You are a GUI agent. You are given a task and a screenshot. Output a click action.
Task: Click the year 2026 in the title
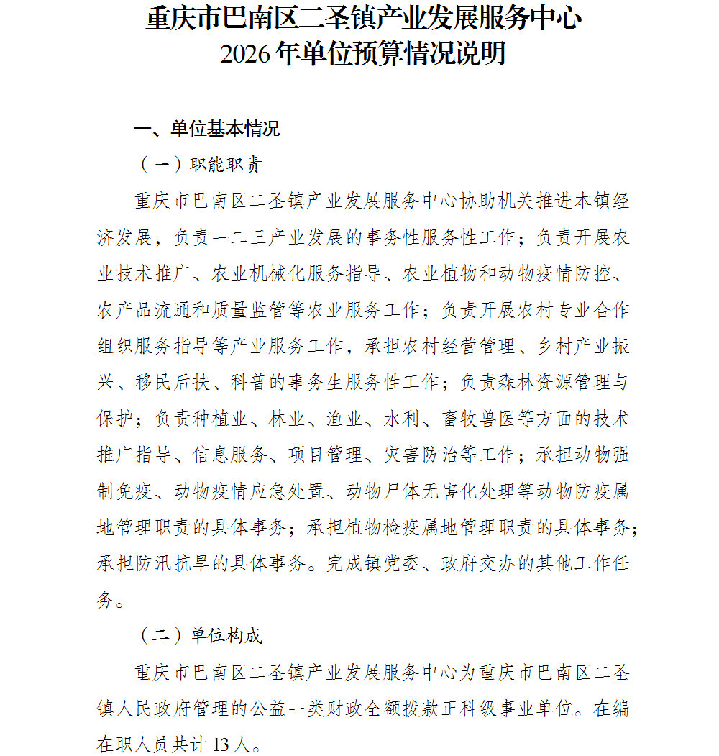(246, 54)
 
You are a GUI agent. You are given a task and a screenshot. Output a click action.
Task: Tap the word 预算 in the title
(373, 54)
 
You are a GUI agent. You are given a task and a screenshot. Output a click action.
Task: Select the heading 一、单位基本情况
(207, 129)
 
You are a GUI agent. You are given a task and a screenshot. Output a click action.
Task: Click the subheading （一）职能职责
(199, 165)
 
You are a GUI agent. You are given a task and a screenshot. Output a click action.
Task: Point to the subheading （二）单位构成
(199, 636)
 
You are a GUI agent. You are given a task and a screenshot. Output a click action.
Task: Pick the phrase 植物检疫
(385, 527)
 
